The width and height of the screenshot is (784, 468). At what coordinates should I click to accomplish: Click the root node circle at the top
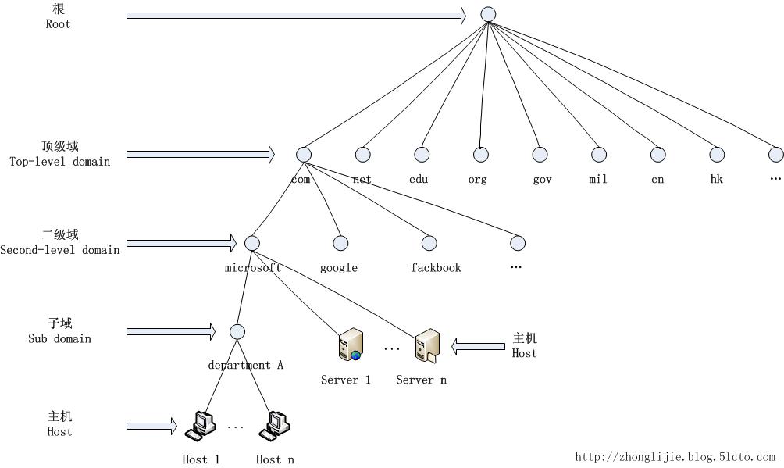coord(488,14)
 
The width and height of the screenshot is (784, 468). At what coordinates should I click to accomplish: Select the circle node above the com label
coord(304,155)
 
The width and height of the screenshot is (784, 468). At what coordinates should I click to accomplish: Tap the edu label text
coord(419,179)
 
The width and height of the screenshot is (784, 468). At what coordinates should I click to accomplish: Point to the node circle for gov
coord(540,155)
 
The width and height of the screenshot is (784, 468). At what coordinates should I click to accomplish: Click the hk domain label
coord(716,179)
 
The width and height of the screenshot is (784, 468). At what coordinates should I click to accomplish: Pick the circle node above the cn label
coord(658,155)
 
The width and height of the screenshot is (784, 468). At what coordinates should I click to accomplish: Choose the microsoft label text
coord(253,267)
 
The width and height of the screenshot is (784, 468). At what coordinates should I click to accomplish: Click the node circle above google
coord(340,243)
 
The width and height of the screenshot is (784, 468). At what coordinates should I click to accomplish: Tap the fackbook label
coord(436,267)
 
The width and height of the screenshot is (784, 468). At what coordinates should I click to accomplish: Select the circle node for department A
coord(238,331)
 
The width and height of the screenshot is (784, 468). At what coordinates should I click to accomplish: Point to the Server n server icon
coord(427,345)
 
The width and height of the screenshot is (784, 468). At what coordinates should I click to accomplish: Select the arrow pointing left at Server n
coord(479,345)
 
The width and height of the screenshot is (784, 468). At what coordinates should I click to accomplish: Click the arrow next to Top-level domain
coord(201,155)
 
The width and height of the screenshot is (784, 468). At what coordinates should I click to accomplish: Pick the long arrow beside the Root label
coord(296,15)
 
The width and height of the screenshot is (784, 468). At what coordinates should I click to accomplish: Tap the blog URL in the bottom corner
coord(675,457)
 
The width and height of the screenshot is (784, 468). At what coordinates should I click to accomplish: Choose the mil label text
coord(597,179)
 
